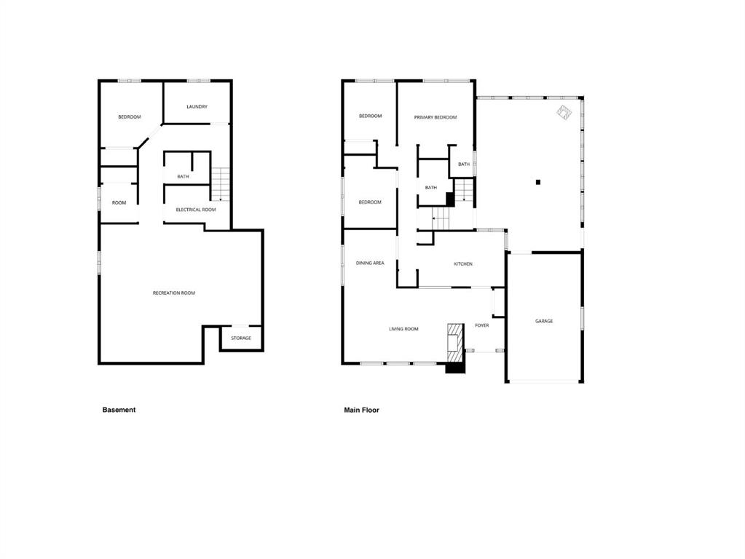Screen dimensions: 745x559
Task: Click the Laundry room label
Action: (x=197, y=107)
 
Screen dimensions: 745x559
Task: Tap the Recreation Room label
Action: (x=174, y=293)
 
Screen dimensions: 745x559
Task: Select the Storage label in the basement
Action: (x=241, y=338)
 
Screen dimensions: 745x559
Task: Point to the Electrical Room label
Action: (x=196, y=210)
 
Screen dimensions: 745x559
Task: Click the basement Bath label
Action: (x=183, y=177)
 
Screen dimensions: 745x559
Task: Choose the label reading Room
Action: (x=119, y=203)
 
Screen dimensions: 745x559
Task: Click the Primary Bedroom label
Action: (x=435, y=117)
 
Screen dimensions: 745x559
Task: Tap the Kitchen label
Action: (x=462, y=264)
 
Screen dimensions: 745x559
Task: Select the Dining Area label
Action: (x=370, y=263)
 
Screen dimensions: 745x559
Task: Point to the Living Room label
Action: (x=403, y=329)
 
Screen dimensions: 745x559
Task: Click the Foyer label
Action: (x=482, y=325)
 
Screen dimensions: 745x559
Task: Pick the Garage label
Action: (x=544, y=321)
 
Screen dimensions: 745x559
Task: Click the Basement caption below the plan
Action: (x=119, y=410)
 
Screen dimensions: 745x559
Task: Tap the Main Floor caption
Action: (x=361, y=410)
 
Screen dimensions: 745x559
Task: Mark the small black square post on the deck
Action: (x=538, y=182)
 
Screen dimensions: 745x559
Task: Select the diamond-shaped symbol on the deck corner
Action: (x=564, y=113)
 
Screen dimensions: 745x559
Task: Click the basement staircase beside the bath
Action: (x=220, y=184)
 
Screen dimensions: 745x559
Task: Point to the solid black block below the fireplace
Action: (x=455, y=368)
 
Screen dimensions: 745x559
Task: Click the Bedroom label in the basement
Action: (x=129, y=117)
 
